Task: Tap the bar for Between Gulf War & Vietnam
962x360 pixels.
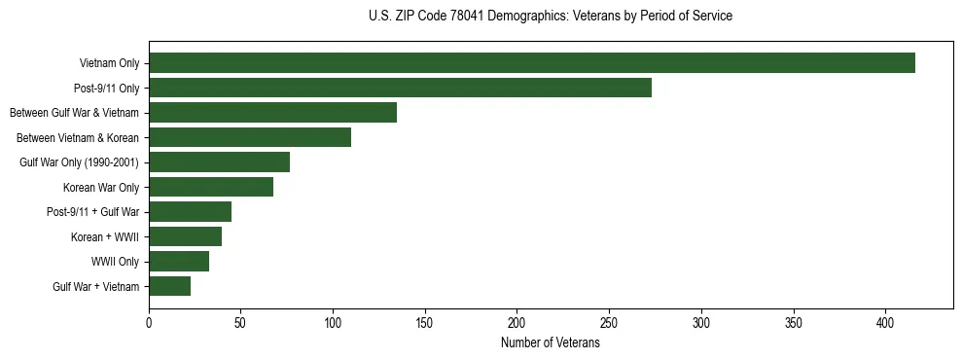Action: (272, 113)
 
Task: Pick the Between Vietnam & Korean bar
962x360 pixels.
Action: (250, 137)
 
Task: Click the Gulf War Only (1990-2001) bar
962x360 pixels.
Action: (219, 162)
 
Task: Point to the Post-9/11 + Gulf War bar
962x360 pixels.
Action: (190, 212)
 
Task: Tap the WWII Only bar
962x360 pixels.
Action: (179, 261)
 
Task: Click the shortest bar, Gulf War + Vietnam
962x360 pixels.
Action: (169, 286)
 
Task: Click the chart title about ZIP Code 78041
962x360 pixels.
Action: (551, 17)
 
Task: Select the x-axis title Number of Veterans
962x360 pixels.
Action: (551, 343)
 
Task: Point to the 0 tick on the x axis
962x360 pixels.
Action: (149, 321)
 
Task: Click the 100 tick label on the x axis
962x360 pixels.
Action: (333, 321)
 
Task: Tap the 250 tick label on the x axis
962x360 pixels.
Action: (609, 321)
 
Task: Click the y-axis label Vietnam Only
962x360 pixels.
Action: (109, 64)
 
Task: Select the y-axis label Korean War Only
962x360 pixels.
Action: (101, 188)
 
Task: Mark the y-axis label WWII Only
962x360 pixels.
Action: (115, 262)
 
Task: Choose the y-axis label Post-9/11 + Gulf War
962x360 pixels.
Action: (92, 212)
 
